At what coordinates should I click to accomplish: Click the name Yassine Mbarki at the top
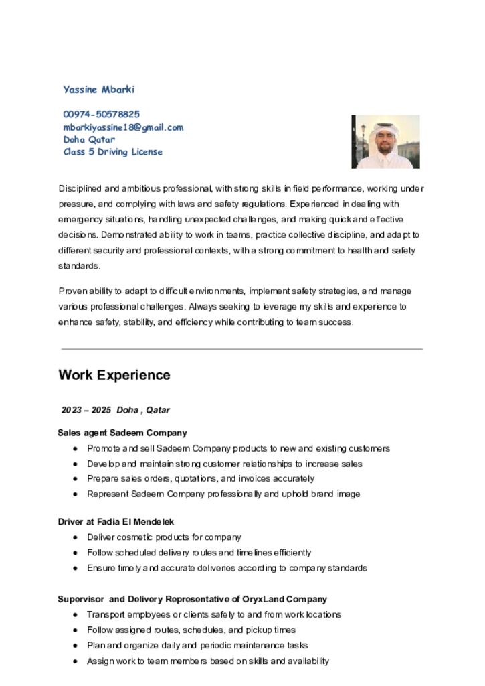(x=99, y=89)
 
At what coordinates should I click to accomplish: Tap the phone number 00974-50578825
(x=102, y=115)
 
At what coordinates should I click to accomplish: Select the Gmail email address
(x=123, y=127)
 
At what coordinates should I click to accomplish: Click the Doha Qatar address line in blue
(x=89, y=140)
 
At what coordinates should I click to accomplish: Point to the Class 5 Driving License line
(x=112, y=152)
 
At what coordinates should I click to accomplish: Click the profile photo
(x=385, y=141)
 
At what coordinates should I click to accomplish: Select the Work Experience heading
(x=114, y=375)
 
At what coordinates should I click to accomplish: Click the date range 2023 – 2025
(x=86, y=410)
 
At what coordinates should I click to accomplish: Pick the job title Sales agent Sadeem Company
(x=122, y=433)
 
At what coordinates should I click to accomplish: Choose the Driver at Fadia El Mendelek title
(x=116, y=521)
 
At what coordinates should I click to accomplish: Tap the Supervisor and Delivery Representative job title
(x=192, y=599)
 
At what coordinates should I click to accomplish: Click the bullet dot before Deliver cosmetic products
(x=76, y=538)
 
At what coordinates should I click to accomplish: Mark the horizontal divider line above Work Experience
(x=241, y=349)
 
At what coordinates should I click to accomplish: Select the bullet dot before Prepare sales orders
(x=76, y=479)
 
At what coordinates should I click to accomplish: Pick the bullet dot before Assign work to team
(x=76, y=661)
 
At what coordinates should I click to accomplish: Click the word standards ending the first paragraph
(x=78, y=266)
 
